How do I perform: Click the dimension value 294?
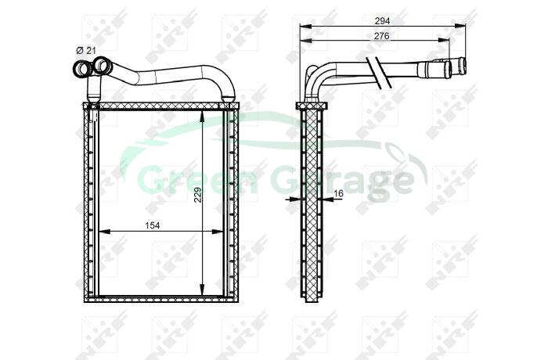click(382, 21)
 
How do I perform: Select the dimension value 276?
click(382, 36)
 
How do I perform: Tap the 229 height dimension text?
click(197, 195)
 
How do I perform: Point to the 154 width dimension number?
click(153, 226)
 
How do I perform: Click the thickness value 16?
click(339, 193)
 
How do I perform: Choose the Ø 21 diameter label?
click(86, 51)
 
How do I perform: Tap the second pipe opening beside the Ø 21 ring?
click(102, 65)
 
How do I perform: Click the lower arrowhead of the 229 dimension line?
click(202, 289)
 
